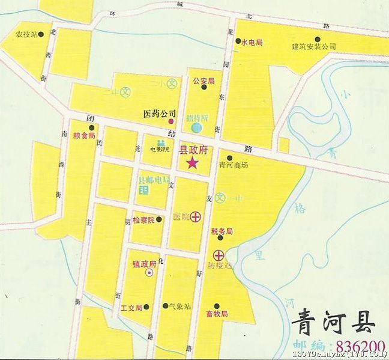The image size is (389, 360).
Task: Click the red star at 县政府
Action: point(193,163)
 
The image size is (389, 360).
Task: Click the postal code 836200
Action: point(360,347)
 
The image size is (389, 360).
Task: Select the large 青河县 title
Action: point(333,323)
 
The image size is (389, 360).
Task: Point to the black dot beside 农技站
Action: point(41,35)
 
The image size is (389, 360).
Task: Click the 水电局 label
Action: point(252,43)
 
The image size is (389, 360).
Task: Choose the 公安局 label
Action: point(204,80)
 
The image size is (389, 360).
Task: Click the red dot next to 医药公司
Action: point(171,121)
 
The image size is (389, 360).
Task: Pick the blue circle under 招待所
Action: point(197,127)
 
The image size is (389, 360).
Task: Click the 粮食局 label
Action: point(84,136)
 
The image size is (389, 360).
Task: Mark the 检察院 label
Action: point(143,219)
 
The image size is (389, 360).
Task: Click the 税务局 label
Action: point(222,231)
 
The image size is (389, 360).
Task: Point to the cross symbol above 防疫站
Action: point(219,255)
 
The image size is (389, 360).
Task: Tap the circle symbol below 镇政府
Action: point(149,272)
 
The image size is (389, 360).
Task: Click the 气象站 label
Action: point(180,307)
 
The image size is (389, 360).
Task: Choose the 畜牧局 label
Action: point(217,314)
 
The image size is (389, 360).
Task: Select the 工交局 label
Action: point(131,308)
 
